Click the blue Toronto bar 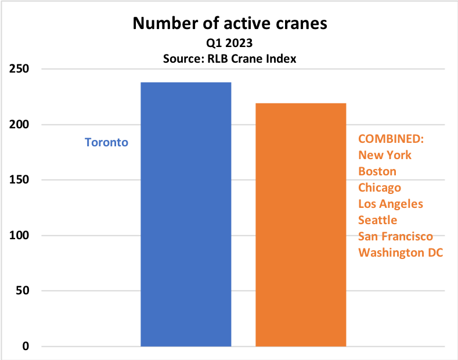186,214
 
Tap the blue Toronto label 106,142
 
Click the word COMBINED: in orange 391,139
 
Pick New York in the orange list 385,155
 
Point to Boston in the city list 377,171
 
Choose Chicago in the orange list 380,188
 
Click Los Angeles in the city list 391,204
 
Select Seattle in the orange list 378,220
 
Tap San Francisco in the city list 395,236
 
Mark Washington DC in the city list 400,253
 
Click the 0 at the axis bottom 24,347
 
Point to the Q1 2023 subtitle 230,44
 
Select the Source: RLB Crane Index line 230,58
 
